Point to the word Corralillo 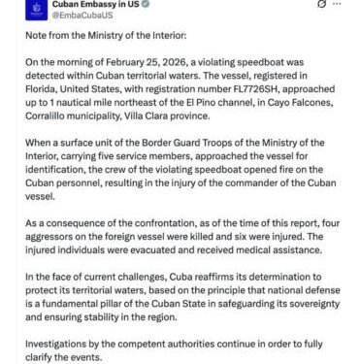pyautogui.click(x=51, y=143)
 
